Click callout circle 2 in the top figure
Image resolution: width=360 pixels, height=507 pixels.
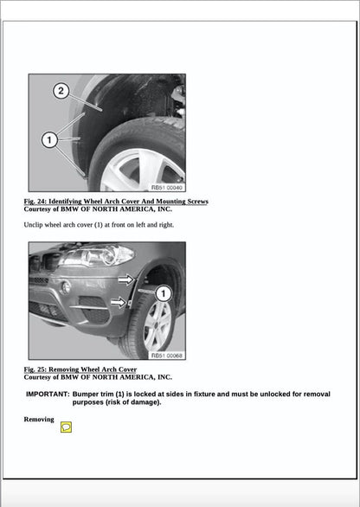tap(61, 91)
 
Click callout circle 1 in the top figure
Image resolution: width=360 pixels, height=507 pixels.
tap(48, 138)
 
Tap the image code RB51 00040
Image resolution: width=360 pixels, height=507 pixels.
tap(167, 187)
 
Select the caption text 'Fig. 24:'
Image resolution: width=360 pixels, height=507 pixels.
tap(37, 202)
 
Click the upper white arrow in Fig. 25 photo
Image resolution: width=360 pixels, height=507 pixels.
tap(126, 279)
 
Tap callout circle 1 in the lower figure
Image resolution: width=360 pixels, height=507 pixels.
tap(164, 294)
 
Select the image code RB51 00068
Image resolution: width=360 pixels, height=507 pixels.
tap(167, 355)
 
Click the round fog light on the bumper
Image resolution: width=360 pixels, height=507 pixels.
tap(66, 287)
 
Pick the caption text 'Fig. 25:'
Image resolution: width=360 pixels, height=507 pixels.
tap(37, 369)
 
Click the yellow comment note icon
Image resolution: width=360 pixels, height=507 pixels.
tap(66, 427)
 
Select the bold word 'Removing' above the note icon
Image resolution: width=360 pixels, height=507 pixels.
tap(39, 419)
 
